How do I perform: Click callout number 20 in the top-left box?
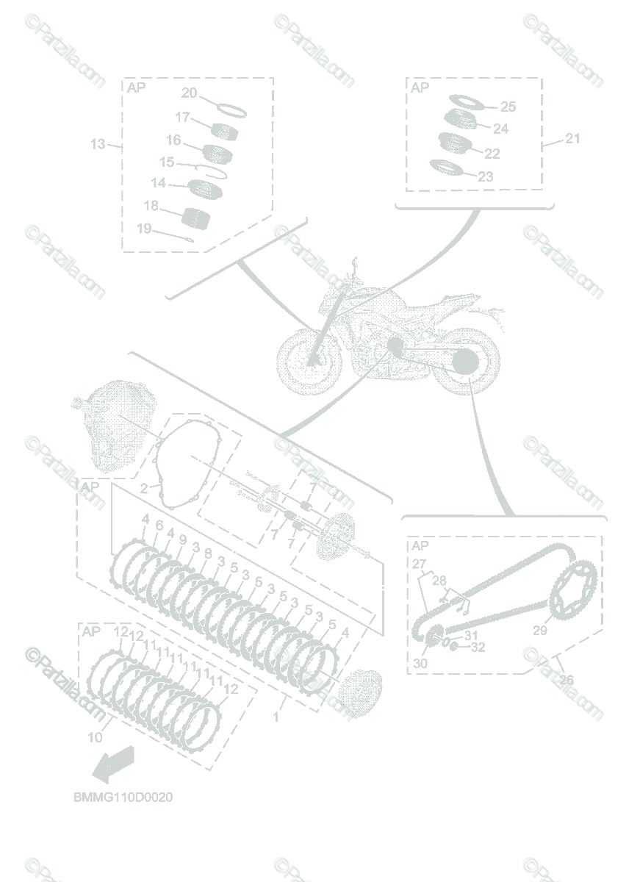[x=189, y=93]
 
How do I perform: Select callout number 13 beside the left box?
[x=98, y=145]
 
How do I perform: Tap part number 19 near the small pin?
[x=143, y=229]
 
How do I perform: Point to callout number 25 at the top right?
[x=508, y=107]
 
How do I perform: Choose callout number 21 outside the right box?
[x=572, y=138]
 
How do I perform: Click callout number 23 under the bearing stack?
[x=486, y=176]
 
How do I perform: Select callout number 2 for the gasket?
[x=144, y=487]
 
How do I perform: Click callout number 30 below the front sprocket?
[x=420, y=663]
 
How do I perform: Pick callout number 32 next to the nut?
[x=478, y=648]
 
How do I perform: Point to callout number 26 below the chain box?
[x=566, y=680]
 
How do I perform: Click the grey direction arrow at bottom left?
[x=112, y=763]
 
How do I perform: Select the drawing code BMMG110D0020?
[x=123, y=797]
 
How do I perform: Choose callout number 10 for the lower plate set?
[x=96, y=737]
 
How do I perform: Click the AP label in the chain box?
[x=420, y=545]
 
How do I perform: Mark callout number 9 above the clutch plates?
[x=182, y=539]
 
